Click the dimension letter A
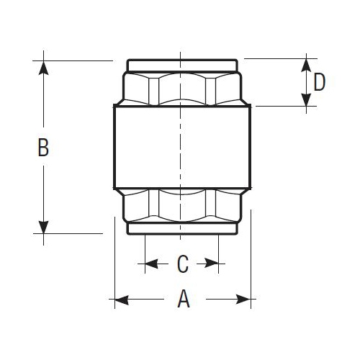click(x=184, y=299)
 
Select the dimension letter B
click(x=43, y=148)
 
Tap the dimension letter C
click(x=183, y=264)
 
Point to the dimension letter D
click(x=320, y=82)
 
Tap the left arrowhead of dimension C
click(x=152, y=264)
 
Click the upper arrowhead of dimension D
click(x=307, y=63)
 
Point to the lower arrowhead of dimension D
click(x=307, y=100)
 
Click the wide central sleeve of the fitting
click(x=183, y=148)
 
